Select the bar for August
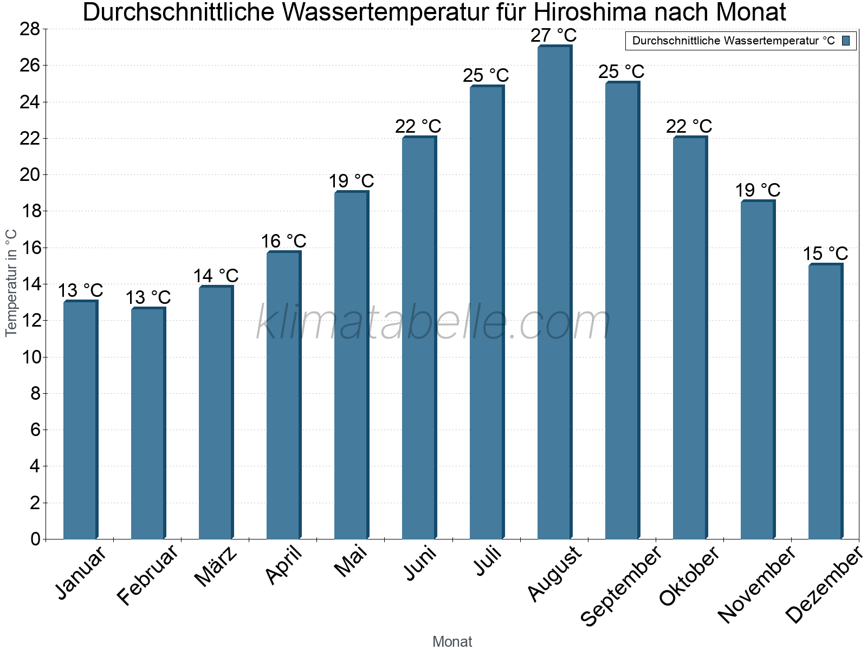coord(554,292)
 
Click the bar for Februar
coord(148,423)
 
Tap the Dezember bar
coord(825,401)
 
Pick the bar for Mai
coord(351,365)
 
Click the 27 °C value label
coord(553,36)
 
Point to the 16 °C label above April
coord(283,241)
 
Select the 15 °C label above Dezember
coord(825,253)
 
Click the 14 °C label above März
coord(216,276)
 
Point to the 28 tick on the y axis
coord(30,29)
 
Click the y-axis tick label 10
coord(30,357)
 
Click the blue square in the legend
coord(846,41)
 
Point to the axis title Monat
coord(452,641)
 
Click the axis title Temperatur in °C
coord(11,283)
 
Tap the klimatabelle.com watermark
coord(433,323)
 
